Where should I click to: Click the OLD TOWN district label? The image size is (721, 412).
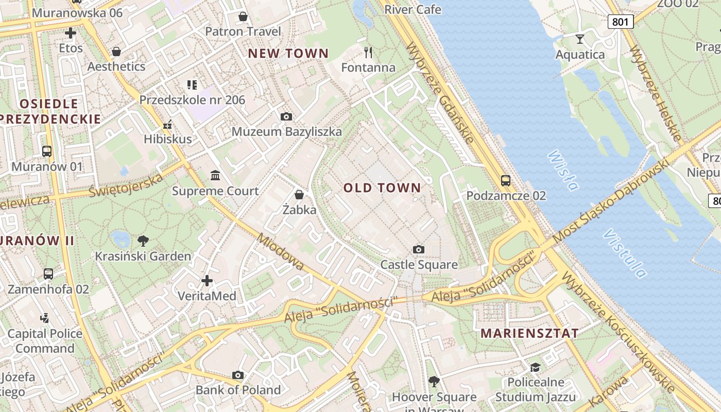point(382,188)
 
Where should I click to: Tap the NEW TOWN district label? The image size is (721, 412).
point(288,53)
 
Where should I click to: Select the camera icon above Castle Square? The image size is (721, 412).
point(419,250)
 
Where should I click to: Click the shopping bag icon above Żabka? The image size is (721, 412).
point(299,195)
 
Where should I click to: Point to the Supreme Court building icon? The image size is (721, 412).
point(215,176)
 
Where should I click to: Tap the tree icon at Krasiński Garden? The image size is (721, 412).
point(143,241)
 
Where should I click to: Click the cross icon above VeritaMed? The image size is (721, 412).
point(207,281)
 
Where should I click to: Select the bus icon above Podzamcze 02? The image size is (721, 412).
point(506,181)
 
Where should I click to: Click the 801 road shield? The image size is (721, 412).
point(620,21)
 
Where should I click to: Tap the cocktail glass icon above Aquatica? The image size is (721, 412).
point(580,39)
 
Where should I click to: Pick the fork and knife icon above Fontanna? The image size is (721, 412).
point(368,52)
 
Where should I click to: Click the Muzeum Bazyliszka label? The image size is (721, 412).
point(286,132)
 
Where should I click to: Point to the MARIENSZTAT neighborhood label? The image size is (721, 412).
point(529,333)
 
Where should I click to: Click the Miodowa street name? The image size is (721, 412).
point(281,252)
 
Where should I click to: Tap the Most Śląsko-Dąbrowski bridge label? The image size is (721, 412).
point(610,201)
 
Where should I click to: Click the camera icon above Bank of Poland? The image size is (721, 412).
point(237,375)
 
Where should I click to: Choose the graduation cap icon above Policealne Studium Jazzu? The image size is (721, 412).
point(535,367)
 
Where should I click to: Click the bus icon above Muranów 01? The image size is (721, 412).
point(47,151)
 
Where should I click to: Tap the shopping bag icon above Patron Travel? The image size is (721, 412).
point(243,16)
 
